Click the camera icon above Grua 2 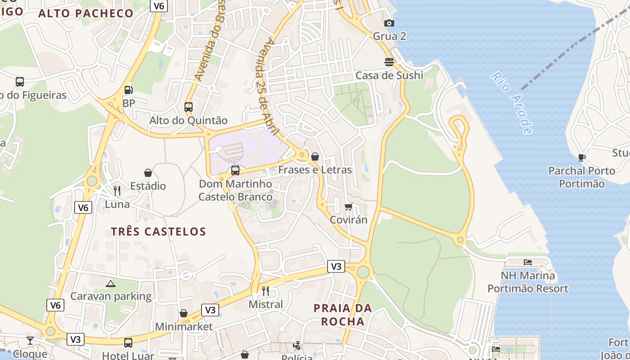tap(389, 23)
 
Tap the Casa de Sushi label tap(389, 75)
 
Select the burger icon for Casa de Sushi tap(389, 62)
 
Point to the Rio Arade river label tap(512, 103)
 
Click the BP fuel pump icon tap(129, 90)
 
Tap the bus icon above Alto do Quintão tap(189, 107)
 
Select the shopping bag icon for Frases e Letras tap(315, 157)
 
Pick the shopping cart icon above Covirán tap(348, 207)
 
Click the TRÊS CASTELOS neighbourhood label tap(158, 232)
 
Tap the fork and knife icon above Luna tap(117, 191)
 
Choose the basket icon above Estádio tap(148, 173)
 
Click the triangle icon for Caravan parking tap(111, 283)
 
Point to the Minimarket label tap(184, 326)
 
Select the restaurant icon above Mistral tap(265, 291)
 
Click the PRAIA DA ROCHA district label tap(343, 315)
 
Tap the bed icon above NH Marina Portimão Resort tap(528, 262)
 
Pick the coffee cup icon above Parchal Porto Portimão tap(581, 157)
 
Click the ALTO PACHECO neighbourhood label tap(86, 13)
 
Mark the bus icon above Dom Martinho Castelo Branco tap(235, 171)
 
